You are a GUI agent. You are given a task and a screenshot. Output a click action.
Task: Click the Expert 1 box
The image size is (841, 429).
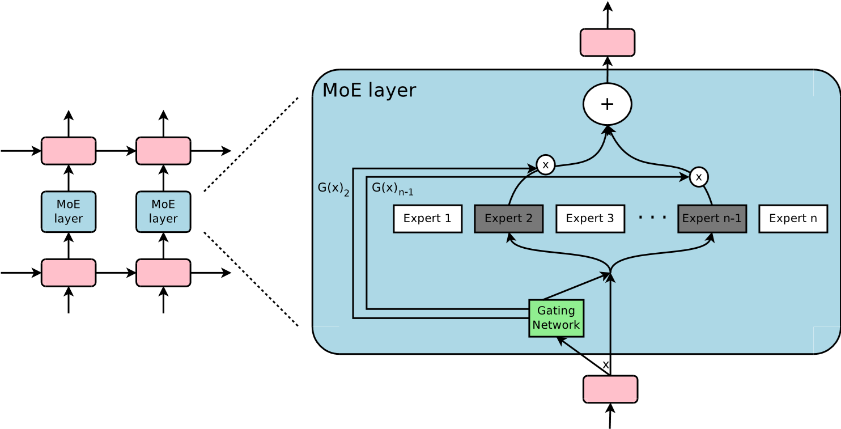click(x=427, y=219)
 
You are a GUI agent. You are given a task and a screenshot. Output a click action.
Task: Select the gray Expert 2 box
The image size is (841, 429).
click(x=508, y=219)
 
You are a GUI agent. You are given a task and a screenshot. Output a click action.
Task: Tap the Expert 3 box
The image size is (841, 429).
click(x=590, y=219)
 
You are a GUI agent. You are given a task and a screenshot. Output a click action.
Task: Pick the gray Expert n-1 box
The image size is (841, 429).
click(x=712, y=219)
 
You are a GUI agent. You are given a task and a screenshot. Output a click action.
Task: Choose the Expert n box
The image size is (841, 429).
click(x=793, y=219)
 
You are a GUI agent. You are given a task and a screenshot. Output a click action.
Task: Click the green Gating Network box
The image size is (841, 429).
click(x=556, y=318)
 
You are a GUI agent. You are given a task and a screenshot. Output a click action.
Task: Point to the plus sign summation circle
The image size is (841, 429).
click(x=607, y=104)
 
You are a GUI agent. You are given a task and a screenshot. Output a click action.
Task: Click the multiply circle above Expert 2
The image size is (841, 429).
click(x=545, y=165)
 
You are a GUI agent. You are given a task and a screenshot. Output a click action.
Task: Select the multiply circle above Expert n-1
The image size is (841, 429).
click(x=698, y=177)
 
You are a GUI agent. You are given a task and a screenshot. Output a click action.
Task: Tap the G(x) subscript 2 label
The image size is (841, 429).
click(x=333, y=189)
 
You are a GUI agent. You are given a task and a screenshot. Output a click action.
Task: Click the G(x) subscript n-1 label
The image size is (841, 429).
click(x=392, y=189)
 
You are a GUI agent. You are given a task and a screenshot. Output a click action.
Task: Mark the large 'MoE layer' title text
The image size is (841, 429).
click(x=369, y=91)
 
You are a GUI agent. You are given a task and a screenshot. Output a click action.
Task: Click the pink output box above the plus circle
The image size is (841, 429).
click(x=607, y=43)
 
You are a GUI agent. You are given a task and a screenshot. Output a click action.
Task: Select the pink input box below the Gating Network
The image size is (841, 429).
click(x=610, y=389)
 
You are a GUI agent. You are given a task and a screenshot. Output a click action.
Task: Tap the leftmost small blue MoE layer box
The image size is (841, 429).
click(x=69, y=211)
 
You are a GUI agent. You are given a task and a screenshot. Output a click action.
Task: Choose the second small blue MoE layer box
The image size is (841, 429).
click(x=163, y=211)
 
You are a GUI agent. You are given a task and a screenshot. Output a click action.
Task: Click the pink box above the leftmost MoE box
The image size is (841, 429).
click(x=69, y=151)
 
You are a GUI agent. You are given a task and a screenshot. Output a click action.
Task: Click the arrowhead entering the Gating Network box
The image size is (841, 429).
click(x=560, y=340)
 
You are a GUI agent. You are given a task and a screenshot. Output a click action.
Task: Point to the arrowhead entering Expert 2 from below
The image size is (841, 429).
click(x=509, y=236)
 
